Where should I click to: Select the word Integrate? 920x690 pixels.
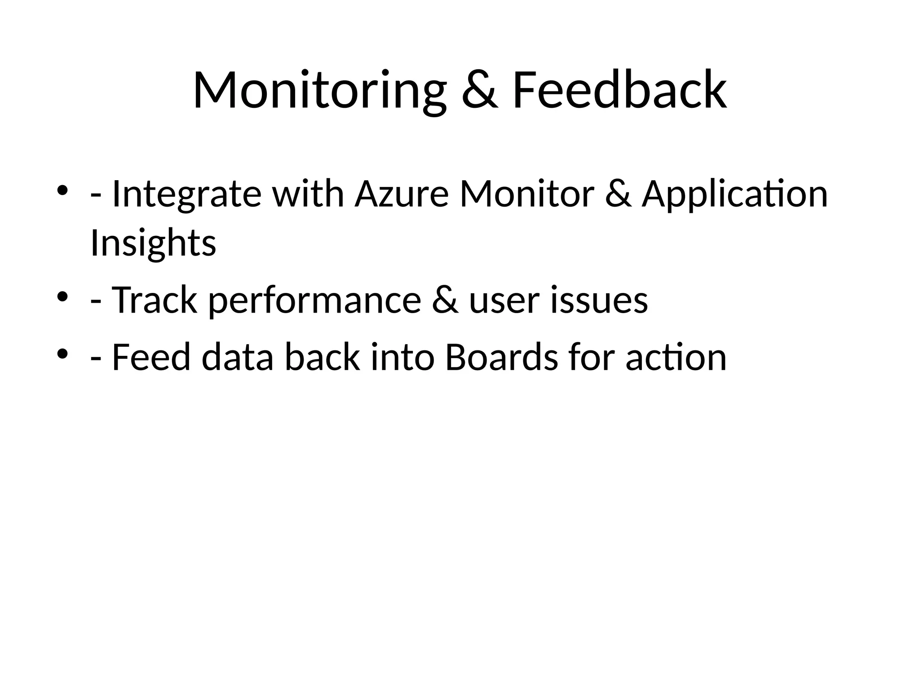point(186,194)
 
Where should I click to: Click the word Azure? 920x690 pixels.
point(402,194)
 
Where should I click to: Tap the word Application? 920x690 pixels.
point(734,194)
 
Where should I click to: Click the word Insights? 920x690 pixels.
point(153,243)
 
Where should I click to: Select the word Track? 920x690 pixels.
point(154,300)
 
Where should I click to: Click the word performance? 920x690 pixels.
point(314,300)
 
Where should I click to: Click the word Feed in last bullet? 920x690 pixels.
point(151,358)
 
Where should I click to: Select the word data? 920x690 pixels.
point(237,358)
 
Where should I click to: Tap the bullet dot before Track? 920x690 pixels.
point(62,296)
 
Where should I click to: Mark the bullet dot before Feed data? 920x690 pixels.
point(62,354)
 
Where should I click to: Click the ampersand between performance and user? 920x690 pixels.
point(445,300)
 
